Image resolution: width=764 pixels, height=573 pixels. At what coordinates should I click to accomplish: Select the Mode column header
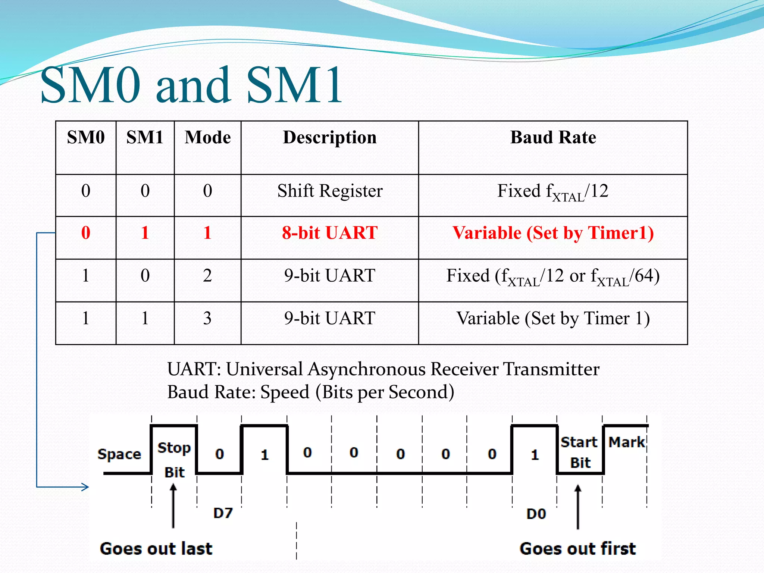[207, 137]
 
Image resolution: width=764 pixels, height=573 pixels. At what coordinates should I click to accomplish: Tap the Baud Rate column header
[553, 137]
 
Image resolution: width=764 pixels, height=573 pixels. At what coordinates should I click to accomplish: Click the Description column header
[330, 137]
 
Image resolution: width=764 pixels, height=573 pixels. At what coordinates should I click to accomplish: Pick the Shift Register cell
[330, 191]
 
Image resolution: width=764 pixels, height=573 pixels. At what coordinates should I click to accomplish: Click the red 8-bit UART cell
[330, 233]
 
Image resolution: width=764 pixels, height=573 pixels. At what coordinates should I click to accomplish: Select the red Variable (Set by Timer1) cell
[553, 233]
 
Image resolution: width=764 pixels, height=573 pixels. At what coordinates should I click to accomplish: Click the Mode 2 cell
[207, 276]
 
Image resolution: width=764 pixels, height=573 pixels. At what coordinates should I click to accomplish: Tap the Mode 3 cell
[207, 319]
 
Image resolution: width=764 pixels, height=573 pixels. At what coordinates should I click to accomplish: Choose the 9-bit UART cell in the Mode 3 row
[330, 319]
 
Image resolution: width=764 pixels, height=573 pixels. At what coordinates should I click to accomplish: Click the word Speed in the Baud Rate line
[285, 392]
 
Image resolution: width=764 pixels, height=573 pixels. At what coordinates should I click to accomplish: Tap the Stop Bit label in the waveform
[174, 460]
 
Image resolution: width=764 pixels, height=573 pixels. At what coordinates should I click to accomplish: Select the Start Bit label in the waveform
[580, 452]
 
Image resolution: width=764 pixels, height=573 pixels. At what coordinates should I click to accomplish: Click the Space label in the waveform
[119, 454]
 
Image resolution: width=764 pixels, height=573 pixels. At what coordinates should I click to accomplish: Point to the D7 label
[223, 513]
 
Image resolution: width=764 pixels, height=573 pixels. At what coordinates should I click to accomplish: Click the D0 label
[536, 514]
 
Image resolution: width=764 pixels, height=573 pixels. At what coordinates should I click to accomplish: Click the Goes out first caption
[577, 549]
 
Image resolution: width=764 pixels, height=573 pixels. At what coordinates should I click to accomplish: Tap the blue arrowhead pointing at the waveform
[85, 486]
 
